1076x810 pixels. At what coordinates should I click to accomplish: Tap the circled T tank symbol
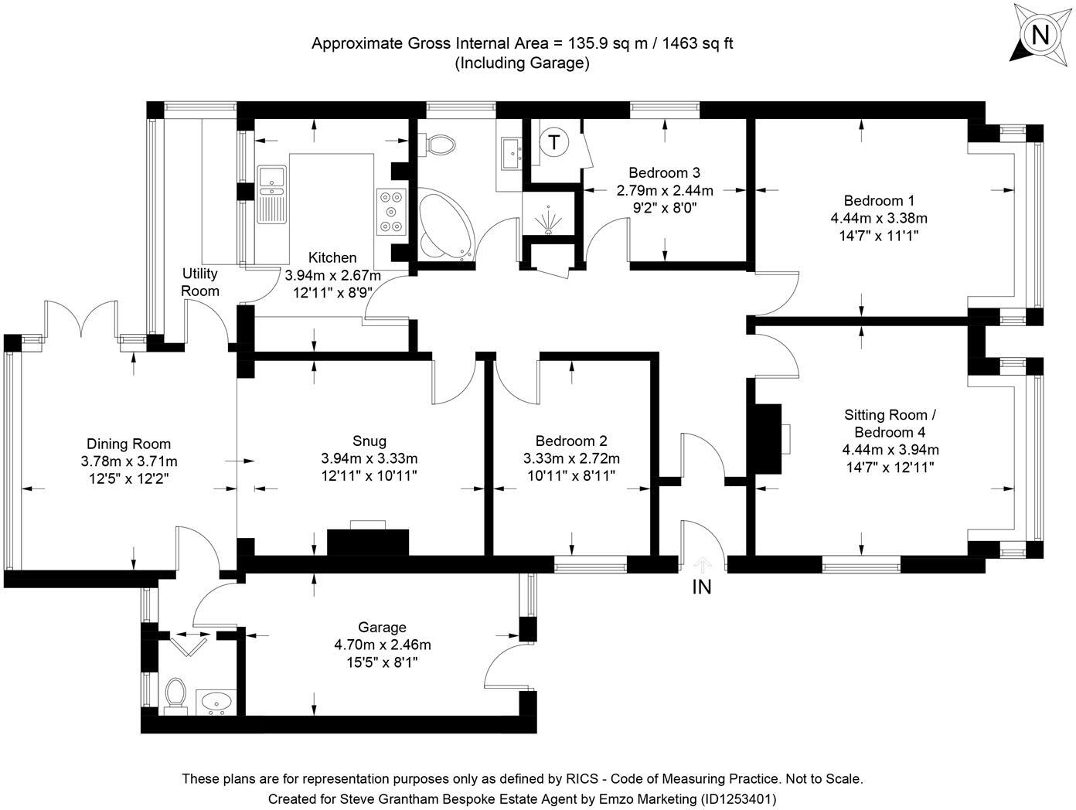553,141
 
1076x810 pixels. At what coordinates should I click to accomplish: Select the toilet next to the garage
176,694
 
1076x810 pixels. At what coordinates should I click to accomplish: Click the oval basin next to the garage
214,703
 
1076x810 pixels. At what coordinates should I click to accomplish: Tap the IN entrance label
701,587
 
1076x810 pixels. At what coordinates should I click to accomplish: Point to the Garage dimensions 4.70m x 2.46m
382,645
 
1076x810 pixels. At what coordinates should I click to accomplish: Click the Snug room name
369,441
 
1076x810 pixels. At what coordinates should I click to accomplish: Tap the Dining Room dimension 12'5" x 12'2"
128,478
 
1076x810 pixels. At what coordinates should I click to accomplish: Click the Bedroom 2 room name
571,441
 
